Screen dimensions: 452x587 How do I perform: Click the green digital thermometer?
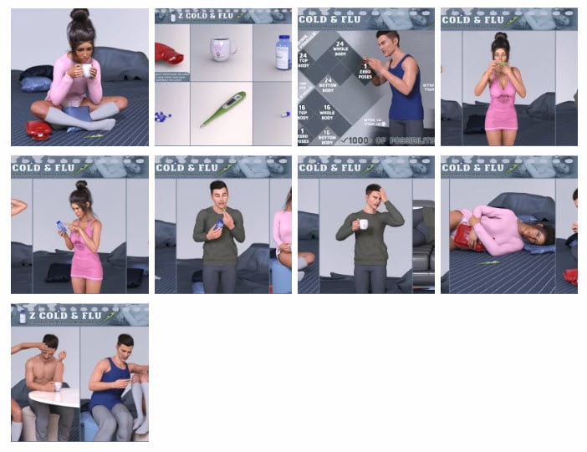[x=222, y=109]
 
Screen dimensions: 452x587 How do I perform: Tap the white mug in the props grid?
[x=222, y=48]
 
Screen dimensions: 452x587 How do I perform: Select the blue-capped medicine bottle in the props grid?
[x=283, y=52]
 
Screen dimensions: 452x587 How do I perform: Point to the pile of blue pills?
[x=164, y=116]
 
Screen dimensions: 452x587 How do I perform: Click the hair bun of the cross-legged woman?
[x=80, y=16]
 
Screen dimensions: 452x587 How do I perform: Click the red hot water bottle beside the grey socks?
[x=38, y=130]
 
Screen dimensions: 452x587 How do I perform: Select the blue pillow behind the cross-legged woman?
[x=36, y=83]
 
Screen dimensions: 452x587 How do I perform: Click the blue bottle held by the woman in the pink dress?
[x=62, y=226]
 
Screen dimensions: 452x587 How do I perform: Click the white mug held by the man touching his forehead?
[x=363, y=224]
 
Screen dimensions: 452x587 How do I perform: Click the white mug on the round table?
[x=57, y=386]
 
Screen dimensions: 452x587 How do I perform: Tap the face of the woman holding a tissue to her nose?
[x=501, y=56]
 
